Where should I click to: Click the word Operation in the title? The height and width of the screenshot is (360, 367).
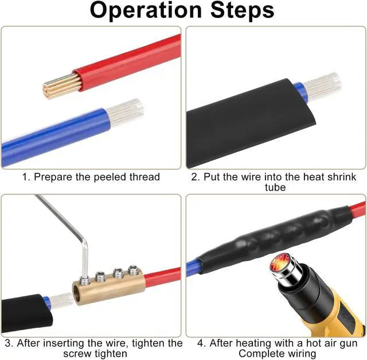147,11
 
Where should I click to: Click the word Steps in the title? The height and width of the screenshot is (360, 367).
240,11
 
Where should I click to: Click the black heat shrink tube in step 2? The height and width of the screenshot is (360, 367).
241,126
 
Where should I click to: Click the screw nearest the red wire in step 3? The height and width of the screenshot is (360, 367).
134,269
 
